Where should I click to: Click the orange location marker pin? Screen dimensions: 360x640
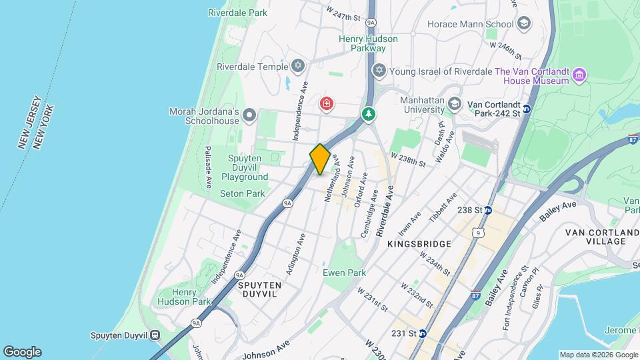[x=320, y=159]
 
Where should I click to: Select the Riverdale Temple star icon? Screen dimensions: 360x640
[x=298, y=66]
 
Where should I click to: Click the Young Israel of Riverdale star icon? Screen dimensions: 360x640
[x=379, y=71]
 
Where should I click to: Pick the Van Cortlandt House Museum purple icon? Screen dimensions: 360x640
[x=579, y=76]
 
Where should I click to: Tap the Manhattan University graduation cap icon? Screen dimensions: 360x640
[x=454, y=104]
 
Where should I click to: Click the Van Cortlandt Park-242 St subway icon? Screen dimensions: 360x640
[x=526, y=109]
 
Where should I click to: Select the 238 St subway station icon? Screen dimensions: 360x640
[x=488, y=210]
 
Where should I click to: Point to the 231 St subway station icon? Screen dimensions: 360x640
[x=423, y=333]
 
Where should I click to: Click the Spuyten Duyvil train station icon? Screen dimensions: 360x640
[x=155, y=335]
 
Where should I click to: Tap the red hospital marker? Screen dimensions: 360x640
[x=326, y=103]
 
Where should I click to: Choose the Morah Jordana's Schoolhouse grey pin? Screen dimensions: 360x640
[x=249, y=116]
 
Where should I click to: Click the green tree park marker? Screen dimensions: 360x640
[x=368, y=115]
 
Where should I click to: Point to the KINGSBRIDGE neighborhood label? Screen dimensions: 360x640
[x=419, y=245]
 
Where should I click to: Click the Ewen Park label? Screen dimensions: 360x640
[x=344, y=273]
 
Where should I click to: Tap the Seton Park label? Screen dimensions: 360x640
[x=243, y=193]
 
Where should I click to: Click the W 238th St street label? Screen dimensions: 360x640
[x=408, y=157]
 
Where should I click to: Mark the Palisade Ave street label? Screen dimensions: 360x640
[x=208, y=166]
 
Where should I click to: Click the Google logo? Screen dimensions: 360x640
[x=22, y=351]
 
